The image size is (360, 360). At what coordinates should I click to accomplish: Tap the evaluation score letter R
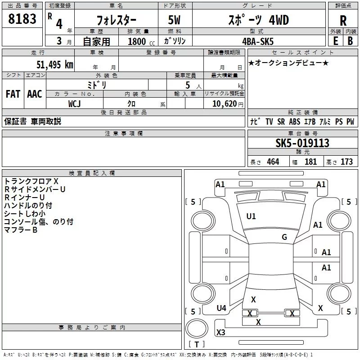coord(343,21)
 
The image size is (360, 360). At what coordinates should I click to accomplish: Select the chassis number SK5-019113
coord(302,143)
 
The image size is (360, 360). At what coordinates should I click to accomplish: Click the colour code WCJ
coord(75,103)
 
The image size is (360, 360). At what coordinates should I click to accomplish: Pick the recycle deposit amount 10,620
coord(224,104)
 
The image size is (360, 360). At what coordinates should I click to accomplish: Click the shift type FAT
coord(13,94)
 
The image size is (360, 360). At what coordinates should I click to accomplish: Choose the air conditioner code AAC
coord(35,94)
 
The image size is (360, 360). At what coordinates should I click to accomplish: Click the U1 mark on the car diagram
coord(251,216)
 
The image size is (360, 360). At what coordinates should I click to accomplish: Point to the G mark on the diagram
coord(284,237)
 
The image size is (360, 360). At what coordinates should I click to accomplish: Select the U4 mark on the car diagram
coord(221,308)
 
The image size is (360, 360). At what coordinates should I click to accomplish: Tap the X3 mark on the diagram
coord(221,333)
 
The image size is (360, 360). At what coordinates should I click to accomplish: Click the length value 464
coord(272,162)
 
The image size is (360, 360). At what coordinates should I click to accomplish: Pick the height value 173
coord(346,162)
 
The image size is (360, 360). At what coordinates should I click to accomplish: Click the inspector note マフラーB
coord(21,230)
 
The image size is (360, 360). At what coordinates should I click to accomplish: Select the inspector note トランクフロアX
coord(31,181)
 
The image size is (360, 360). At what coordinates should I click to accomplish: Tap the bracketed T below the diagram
coord(196,345)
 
